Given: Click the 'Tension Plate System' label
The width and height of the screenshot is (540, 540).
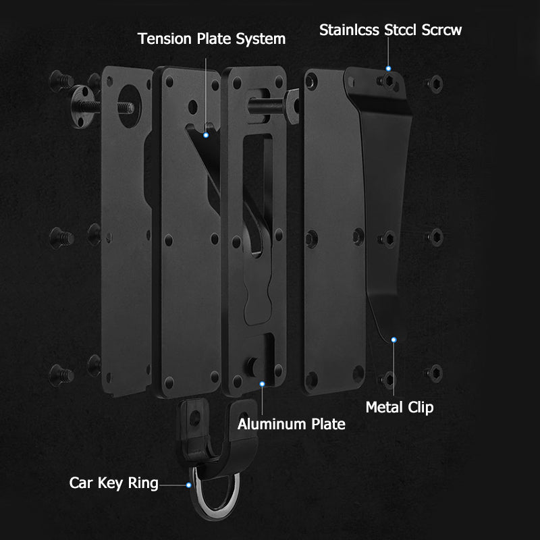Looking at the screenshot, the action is pos(211,39).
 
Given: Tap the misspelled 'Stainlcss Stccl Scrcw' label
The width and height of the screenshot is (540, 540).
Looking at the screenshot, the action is pos(390,30).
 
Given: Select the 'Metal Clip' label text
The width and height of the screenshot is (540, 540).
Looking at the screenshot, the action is pos(400,408).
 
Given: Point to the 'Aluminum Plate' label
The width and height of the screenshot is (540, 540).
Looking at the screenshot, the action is pos(292,424).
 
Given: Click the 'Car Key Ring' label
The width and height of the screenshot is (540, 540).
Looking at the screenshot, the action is pos(113,483).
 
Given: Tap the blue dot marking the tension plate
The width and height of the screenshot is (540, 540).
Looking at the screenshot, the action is pos(206,136).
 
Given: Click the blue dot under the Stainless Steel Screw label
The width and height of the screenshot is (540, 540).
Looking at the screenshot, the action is pos(389,69).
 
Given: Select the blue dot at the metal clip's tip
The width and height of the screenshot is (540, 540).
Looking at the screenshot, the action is pos(394,340).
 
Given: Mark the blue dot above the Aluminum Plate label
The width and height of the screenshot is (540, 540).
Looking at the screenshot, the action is pos(263,384).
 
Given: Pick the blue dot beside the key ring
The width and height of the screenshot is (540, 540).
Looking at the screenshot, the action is pos(189,485).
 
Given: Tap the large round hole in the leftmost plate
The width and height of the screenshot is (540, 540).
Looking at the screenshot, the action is pos(129,106).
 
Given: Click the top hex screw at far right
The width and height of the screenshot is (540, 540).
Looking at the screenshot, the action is pos(434,84).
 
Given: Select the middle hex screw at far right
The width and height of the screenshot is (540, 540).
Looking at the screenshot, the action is pos(435,238).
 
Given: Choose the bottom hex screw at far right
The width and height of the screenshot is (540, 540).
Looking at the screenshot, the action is pos(434,373).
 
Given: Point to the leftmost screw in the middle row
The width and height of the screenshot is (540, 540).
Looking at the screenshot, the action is pos(61,238).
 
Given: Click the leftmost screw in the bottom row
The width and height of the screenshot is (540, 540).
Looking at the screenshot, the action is pos(61,375).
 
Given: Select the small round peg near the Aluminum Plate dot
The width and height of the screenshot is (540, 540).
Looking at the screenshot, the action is pos(252,366).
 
